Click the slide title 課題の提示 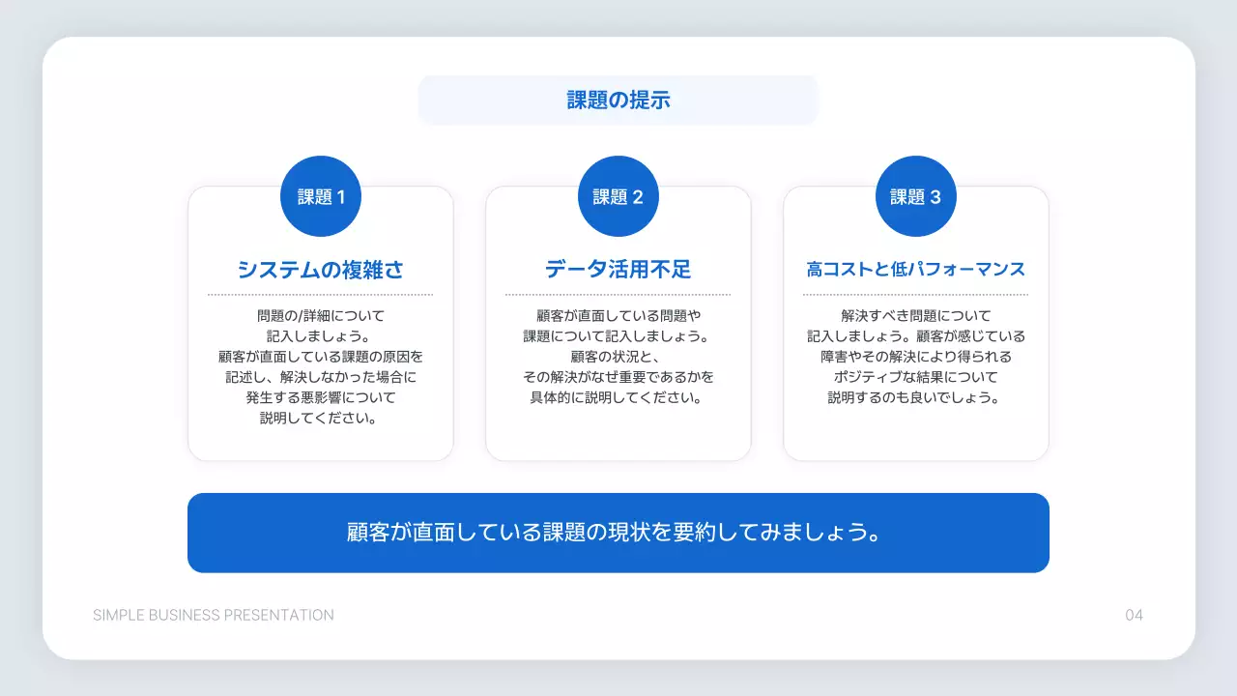pyautogui.click(x=618, y=100)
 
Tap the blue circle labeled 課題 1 pyautogui.click(x=321, y=196)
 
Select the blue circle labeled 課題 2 pyautogui.click(x=618, y=196)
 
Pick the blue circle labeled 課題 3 pyautogui.click(x=915, y=196)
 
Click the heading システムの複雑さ pyautogui.click(x=321, y=270)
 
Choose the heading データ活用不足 pyautogui.click(x=618, y=270)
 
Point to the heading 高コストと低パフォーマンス pyautogui.click(x=915, y=270)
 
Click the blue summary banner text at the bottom pyautogui.click(x=618, y=533)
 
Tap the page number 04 pyautogui.click(x=1134, y=615)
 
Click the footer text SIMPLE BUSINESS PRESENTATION pyautogui.click(x=214, y=615)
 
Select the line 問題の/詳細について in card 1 pyautogui.click(x=321, y=315)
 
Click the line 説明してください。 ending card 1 pyautogui.click(x=321, y=419)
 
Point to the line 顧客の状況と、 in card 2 pyautogui.click(x=618, y=357)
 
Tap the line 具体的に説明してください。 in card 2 pyautogui.click(x=618, y=397)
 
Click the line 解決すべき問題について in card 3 pyautogui.click(x=915, y=315)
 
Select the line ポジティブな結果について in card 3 pyautogui.click(x=915, y=377)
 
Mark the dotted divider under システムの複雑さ pyautogui.click(x=321, y=294)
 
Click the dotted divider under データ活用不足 pyautogui.click(x=618, y=294)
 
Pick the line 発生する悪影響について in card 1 pyautogui.click(x=321, y=397)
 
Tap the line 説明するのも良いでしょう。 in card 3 pyautogui.click(x=915, y=397)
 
